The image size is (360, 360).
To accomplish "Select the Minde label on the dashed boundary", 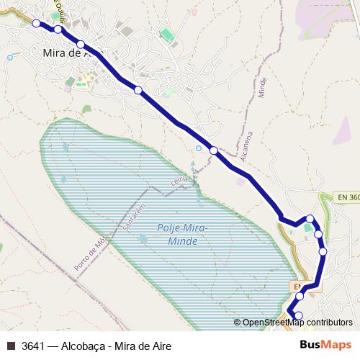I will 263,88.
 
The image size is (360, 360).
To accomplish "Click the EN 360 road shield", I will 348,197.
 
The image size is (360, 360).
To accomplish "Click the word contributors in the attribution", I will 330,323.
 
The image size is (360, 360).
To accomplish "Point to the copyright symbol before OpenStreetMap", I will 237,323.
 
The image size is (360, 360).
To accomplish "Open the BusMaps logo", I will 326,345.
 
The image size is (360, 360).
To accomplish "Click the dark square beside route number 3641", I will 11,346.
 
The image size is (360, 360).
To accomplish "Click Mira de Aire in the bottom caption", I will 146,346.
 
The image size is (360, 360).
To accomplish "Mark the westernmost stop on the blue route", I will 37,24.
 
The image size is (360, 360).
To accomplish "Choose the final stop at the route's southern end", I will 300,315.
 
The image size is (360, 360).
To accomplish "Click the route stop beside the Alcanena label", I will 214,150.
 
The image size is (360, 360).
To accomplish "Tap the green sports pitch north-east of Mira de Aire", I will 167,35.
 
